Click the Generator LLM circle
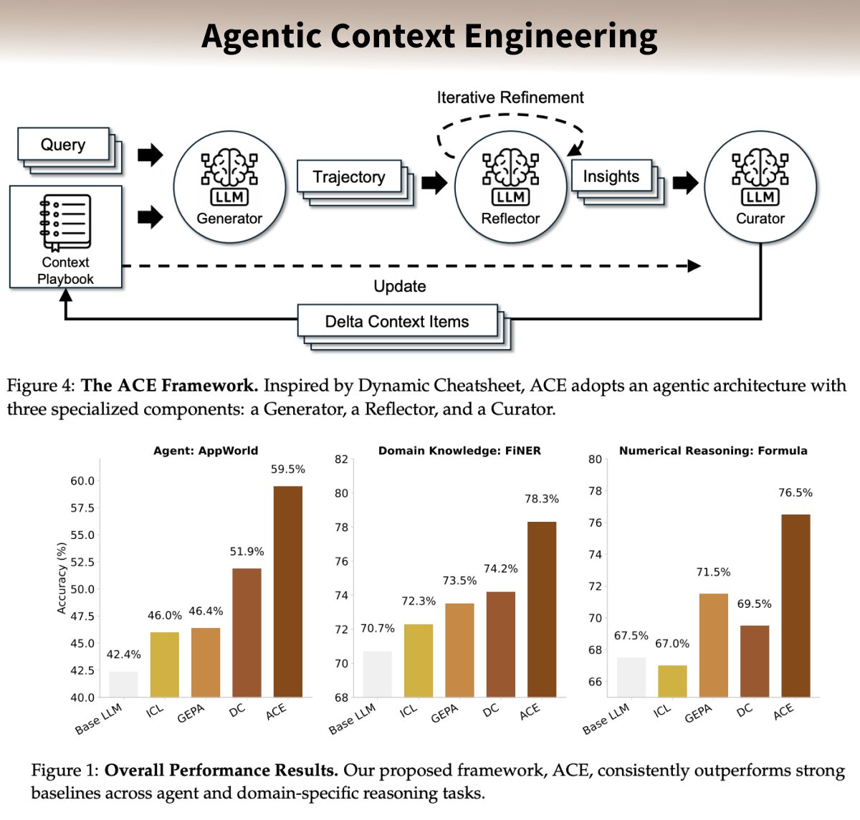pos(229,188)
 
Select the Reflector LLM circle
pos(510,188)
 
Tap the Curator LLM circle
pos(760,188)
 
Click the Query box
pos(63,145)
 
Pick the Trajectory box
pos(349,177)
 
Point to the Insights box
pos(611,176)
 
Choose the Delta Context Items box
pos(397,322)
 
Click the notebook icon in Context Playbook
pos(65,222)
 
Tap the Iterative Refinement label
pos(510,97)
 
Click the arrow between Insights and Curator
pos(685,183)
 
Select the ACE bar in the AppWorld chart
pos(288,591)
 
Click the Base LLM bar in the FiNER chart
pos(378,674)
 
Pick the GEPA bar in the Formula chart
pos(713,645)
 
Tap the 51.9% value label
pos(247,552)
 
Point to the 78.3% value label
pos(542,499)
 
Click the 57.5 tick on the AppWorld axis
pos(82,508)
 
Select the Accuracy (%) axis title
pos(62,578)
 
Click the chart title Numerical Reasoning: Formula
pos(713,451)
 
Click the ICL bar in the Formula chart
pos(672,681)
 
